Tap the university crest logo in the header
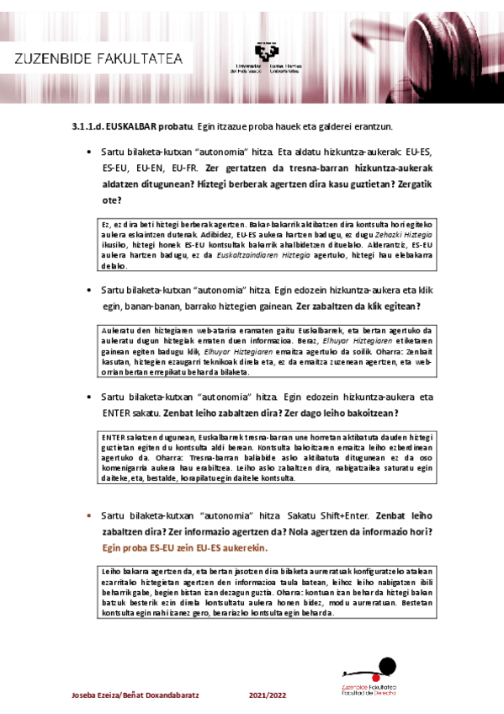265,52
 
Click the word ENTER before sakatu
115,413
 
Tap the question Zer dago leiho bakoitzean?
341,413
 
